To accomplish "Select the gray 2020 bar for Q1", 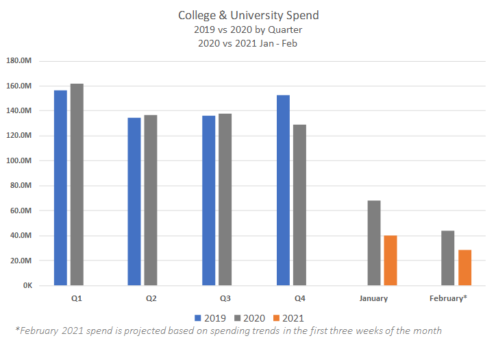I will (77, 184).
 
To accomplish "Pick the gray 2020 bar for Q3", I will (225, 200).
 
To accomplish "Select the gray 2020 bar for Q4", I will (299, 205).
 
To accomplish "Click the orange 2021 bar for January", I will (390, 261).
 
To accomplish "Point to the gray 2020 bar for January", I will (374, 243).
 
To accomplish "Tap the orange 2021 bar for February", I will (465, 267).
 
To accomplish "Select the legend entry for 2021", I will (287, 317).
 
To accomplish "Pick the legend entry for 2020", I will (249, 317).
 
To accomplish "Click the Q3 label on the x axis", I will (225, 299).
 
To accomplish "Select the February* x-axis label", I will (448, 299).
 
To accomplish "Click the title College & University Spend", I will (247, 15).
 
